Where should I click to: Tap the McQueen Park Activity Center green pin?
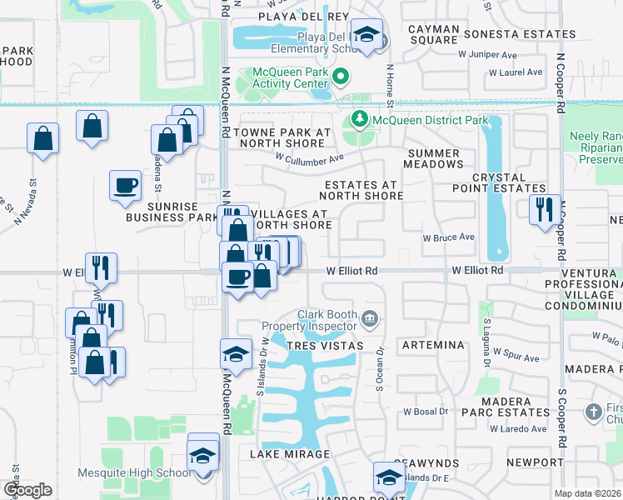(x=341, y=77)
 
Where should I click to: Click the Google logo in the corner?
(x=27, y=490)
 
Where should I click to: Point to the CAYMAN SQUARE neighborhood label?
(x=434, y=34)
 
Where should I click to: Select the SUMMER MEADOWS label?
(x=433, y=159)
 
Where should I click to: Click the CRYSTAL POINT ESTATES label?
(x=499, y=183)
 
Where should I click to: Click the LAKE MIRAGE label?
(x=291, y=454)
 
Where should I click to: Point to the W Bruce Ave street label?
(x=448, y=237)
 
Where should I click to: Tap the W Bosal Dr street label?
(x=426, y=412)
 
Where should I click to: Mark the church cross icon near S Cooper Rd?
(x=593, y=411)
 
